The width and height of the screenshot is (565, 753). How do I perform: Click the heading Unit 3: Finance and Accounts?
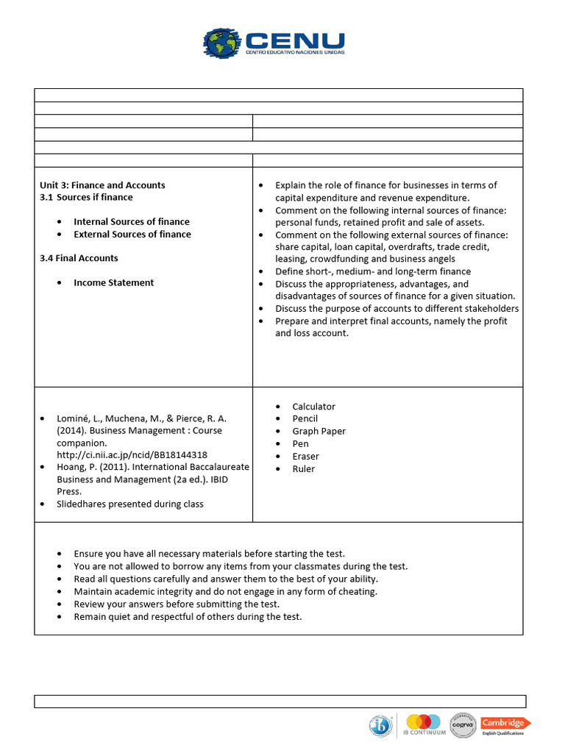102,185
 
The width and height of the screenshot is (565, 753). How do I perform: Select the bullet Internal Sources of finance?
131,221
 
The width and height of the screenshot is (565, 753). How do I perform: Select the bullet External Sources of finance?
132,234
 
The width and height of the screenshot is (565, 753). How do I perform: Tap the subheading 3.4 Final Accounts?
79,258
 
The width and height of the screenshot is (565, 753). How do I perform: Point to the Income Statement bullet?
113,282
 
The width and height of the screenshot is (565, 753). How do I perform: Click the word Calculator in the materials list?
313,407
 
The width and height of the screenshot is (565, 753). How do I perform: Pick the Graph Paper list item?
319,432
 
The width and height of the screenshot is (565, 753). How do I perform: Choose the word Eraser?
305,457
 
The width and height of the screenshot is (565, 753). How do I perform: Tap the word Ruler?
303,469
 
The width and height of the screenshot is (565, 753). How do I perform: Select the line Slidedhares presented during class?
130,504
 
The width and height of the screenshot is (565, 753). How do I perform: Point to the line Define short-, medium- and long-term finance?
373,271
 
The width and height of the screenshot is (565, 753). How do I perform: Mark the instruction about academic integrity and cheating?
225,591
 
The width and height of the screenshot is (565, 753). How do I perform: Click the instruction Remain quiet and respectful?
188,616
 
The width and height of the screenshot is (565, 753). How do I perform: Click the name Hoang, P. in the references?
77,467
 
